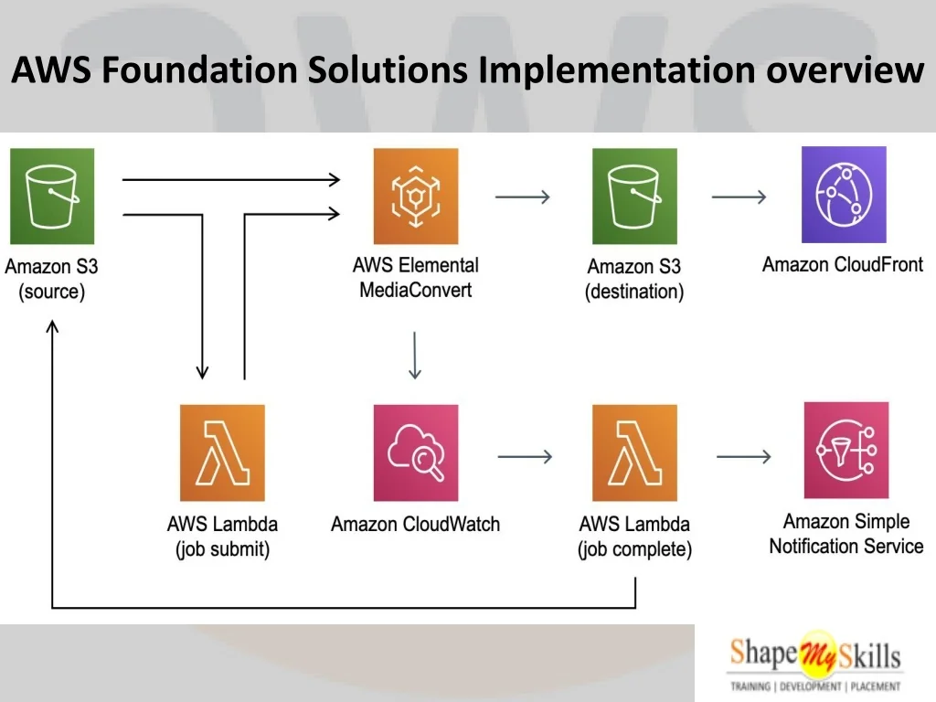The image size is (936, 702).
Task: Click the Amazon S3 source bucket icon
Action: tap(52, 196)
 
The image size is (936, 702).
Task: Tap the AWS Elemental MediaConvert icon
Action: tap(416, 196)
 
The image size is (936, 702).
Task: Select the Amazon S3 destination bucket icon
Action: tap(634, 196)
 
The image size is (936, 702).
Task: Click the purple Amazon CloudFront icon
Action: tap(843, 195)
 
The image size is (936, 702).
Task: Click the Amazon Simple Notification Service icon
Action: tap(846, 451)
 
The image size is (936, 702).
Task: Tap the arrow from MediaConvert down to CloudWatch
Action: tap(415, 356)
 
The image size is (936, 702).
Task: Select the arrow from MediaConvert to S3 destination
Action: tap(522, 197)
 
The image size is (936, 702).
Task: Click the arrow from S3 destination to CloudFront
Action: tap(739, 197)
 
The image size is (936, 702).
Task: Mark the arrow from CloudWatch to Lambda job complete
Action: tap(525, 456)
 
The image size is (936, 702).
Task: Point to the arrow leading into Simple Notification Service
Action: tap(743, 456)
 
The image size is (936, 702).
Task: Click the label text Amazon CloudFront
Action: tap(843, 265)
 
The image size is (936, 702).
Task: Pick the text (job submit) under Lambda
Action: tap(222, 550)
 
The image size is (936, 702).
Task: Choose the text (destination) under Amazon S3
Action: tap(634, 292)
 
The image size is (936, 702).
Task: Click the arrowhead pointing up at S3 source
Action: tap(53, 326)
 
